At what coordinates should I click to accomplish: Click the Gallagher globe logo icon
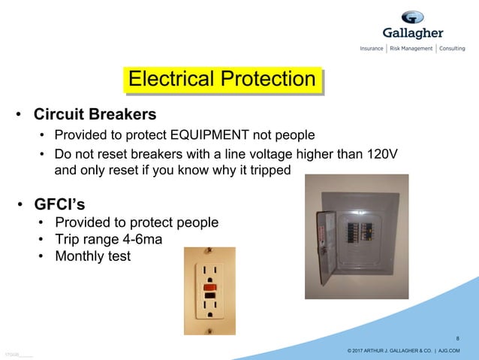(x=412, y=17)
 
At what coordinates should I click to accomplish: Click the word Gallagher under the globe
(x=413, y=34)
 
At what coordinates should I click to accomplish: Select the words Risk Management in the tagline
(x=411, y=49)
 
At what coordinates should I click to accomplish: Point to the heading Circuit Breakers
(x=95, y=115)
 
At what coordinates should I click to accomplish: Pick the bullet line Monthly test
(x=92, y=256)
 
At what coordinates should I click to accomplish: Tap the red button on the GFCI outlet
(x=209, y=286)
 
